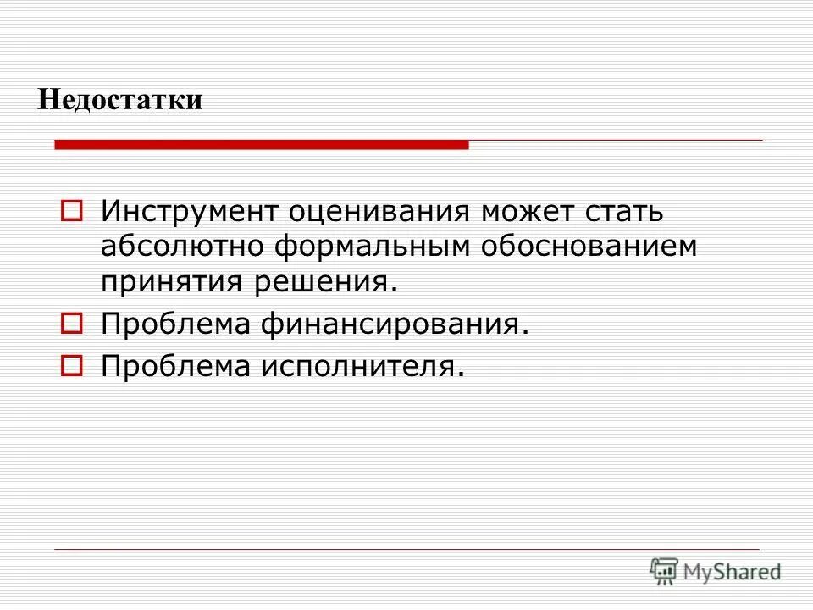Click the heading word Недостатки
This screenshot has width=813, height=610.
point(120,100)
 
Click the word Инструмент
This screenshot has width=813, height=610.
point(187,210)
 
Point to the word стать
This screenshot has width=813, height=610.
point(629,210)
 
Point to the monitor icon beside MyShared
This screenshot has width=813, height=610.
point(665,571)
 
